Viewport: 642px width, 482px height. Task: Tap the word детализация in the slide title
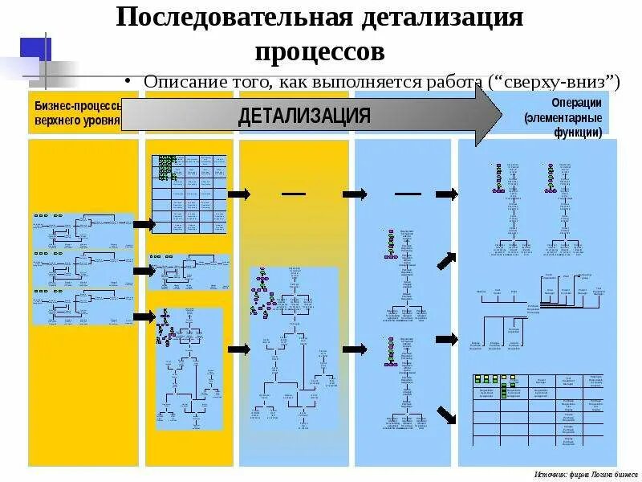(x=439, y=18)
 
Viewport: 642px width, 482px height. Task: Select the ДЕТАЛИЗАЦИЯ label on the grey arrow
(x=304, y=116)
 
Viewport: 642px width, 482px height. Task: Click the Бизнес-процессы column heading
(x=77, y=106)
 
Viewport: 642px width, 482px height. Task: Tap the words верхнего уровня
(x=76, y=121)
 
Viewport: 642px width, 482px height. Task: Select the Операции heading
(x=576, y=104)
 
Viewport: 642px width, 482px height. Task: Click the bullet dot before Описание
(x=129, y=83)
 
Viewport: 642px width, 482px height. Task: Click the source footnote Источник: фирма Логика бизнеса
(x=585, y=474)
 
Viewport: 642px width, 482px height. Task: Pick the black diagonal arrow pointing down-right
(x=446, y=416)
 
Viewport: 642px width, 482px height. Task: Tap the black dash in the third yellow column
(x=294, y=194)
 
